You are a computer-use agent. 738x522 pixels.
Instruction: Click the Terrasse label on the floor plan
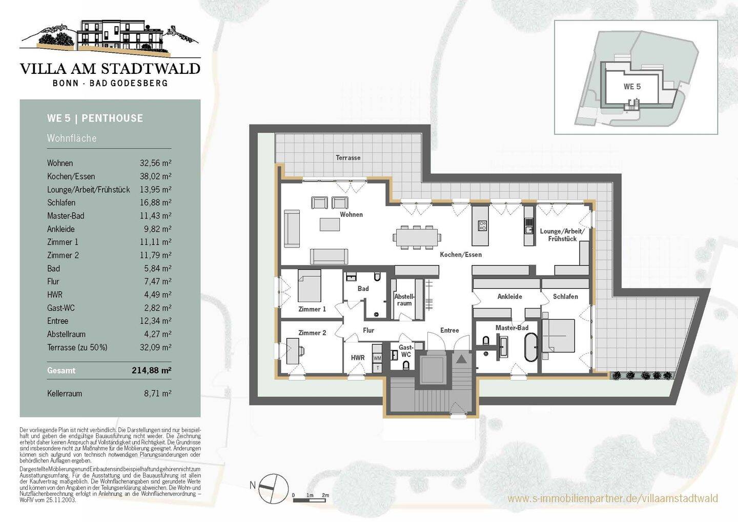pos(348,158)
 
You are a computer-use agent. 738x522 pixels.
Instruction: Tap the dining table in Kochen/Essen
pos(417,237)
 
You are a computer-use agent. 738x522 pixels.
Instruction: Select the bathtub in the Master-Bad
pos(531,348)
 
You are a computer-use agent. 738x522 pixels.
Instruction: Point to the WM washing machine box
pos(377,358)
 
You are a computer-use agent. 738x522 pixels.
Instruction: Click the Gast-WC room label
pos(405,351)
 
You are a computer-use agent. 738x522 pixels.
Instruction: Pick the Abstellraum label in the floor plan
pos(404,299)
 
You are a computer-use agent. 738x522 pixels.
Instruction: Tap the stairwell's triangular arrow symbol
pos(461,358)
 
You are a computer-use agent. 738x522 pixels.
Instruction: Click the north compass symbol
pos(273,488)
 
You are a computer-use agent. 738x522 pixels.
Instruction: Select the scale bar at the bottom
pos(311,500)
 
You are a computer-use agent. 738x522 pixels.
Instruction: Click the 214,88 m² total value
pos(152,370)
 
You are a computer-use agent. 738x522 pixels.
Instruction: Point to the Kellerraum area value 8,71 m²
pos(157,393)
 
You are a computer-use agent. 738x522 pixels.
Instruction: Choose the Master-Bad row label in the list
pos(66,216)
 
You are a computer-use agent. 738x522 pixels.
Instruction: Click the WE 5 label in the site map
pos(632,87)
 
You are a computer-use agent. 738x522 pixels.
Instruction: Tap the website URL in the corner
pos(612,498)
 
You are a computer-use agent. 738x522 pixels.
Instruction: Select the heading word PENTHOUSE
pos(112,118)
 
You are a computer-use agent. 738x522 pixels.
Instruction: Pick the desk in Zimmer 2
pos(293,351)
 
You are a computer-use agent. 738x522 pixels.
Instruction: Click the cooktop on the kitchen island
pos(482,226)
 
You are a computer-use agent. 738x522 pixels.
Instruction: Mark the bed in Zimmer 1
pos(309,286)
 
